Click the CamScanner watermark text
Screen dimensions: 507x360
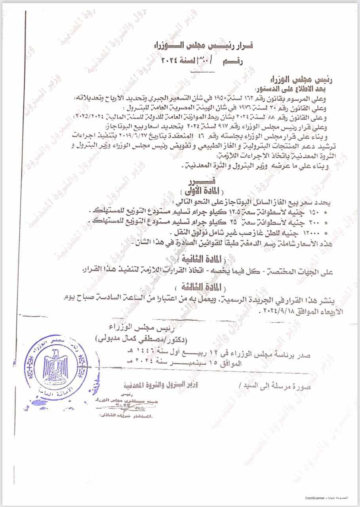[x=315, y=497]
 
